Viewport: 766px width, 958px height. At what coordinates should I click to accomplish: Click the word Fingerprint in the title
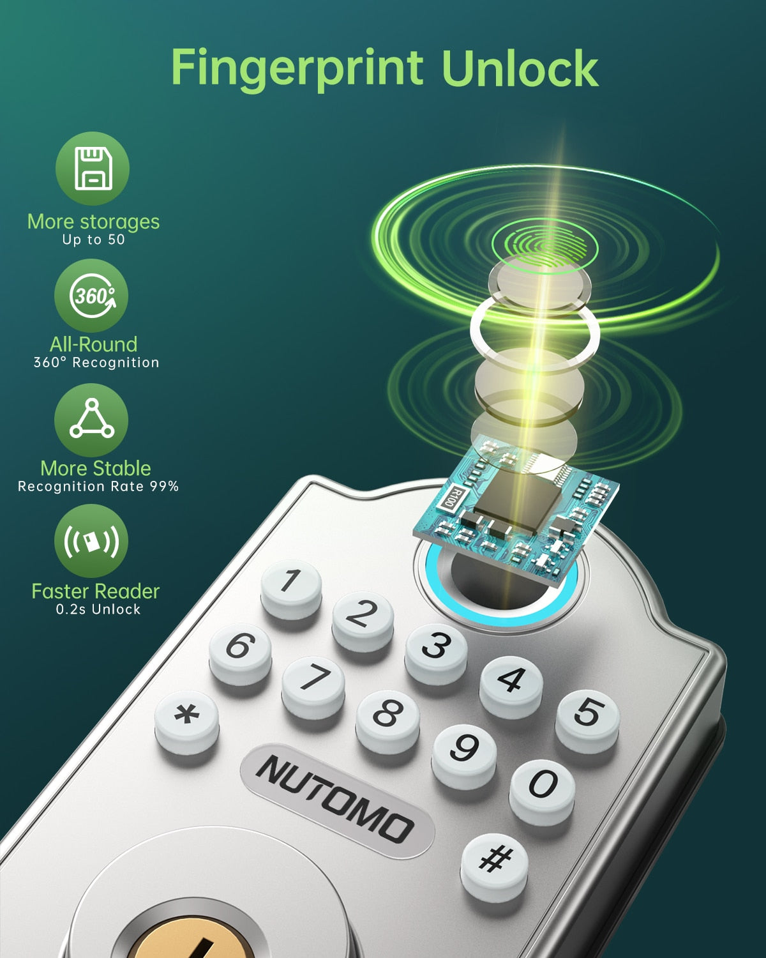(297, 69)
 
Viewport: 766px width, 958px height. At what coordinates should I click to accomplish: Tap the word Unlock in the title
(520, 68)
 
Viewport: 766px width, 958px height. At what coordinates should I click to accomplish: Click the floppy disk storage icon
(93, 168)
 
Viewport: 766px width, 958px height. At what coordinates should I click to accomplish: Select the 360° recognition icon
(91, 296)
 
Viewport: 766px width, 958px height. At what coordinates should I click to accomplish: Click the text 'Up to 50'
(93, 240)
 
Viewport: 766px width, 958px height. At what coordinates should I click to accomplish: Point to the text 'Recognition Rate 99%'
(98, 486)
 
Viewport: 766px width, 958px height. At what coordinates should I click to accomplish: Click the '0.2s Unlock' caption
(98, 609)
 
